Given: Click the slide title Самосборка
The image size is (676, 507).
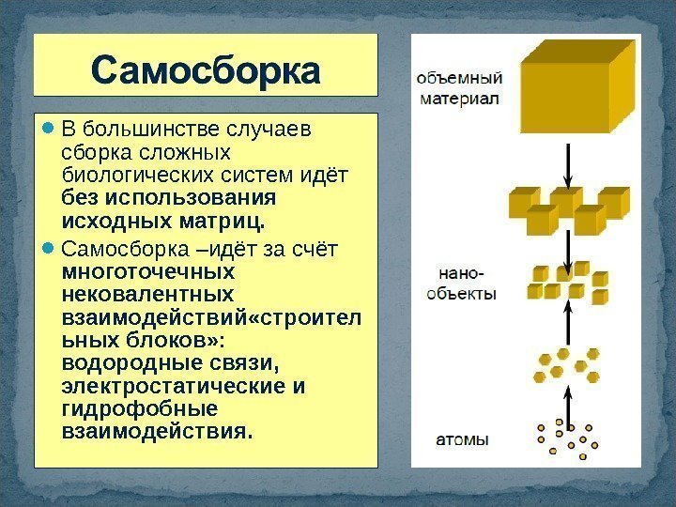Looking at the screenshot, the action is point(206,70).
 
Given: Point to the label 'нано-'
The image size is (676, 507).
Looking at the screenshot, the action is point(462,274).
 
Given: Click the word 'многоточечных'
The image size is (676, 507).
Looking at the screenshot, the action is point(146,271).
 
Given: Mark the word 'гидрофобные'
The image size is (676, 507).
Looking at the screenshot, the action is point(139,409).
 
